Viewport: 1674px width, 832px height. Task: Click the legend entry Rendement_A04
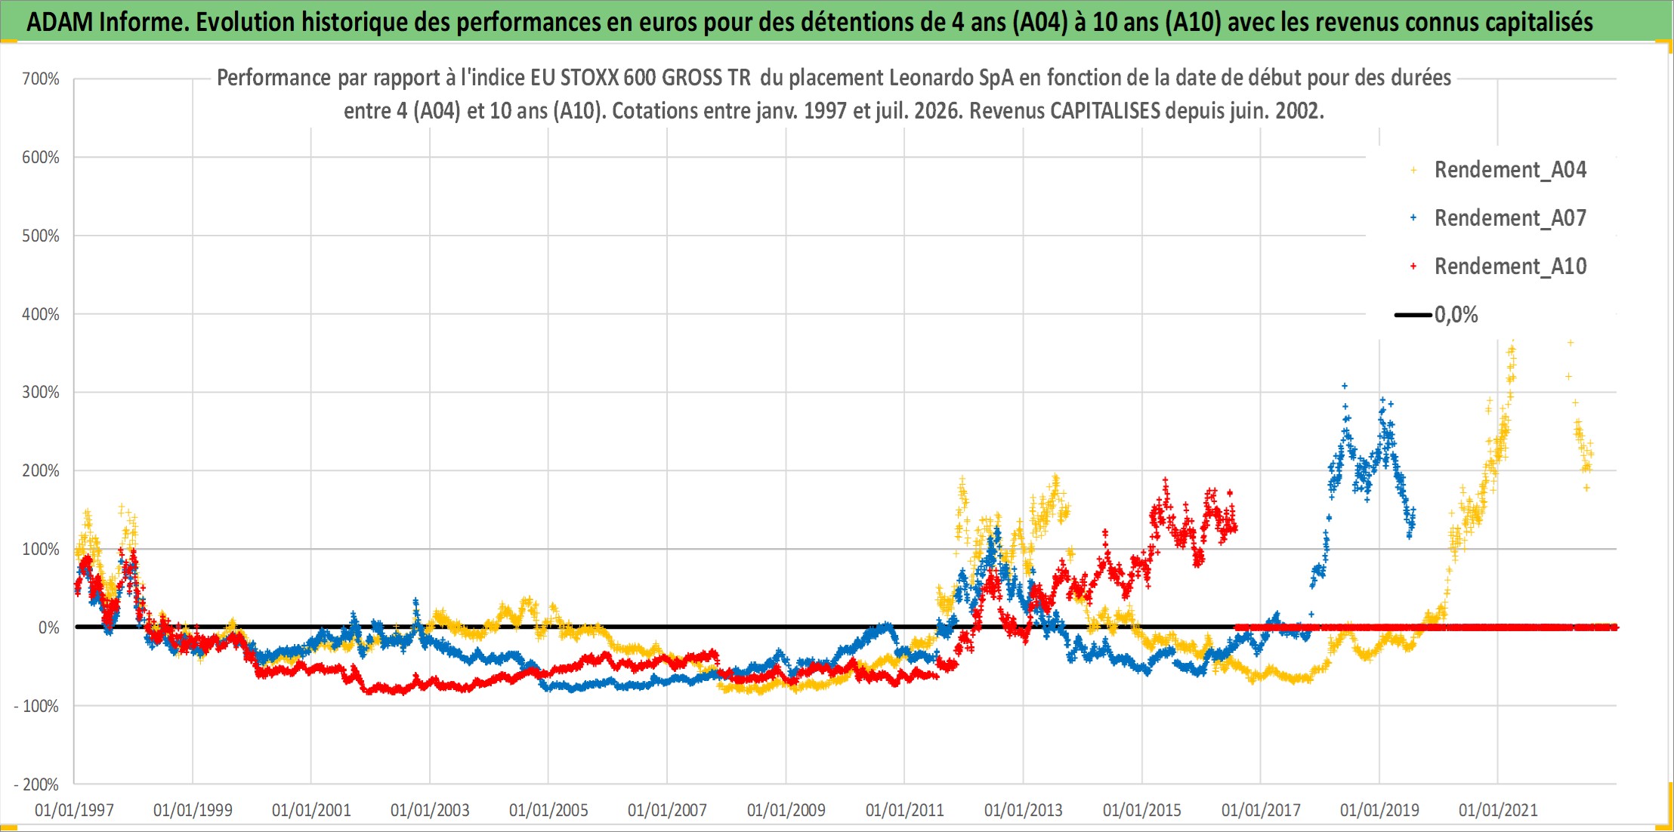[x=1510, y=170]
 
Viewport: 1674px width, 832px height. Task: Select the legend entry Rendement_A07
[x=1510, y=218]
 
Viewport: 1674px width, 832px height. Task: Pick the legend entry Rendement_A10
[x=1510, y=267]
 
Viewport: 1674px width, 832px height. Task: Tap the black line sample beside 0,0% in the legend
[x=1413, y=315]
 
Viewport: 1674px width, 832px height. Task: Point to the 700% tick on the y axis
[x=41, y=79]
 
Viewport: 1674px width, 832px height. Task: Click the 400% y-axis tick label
[x=41, y=314]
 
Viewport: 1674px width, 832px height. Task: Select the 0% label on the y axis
[x=49, y=627]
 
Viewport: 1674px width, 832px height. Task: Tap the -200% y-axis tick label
[x=36, y=784]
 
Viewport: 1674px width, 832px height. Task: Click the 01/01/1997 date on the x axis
[x=74, y=810]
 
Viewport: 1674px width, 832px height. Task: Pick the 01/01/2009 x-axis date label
[x=786, y=810]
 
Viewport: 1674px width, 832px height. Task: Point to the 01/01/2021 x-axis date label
[x=1498, y=810]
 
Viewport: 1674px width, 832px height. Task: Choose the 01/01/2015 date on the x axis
[x=1142, y=810]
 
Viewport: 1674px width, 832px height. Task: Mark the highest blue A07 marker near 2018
[x=1345, y=386]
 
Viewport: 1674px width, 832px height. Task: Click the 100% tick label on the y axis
[x=41, y=549]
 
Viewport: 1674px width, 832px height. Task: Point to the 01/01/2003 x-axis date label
[x=430, y=810]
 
